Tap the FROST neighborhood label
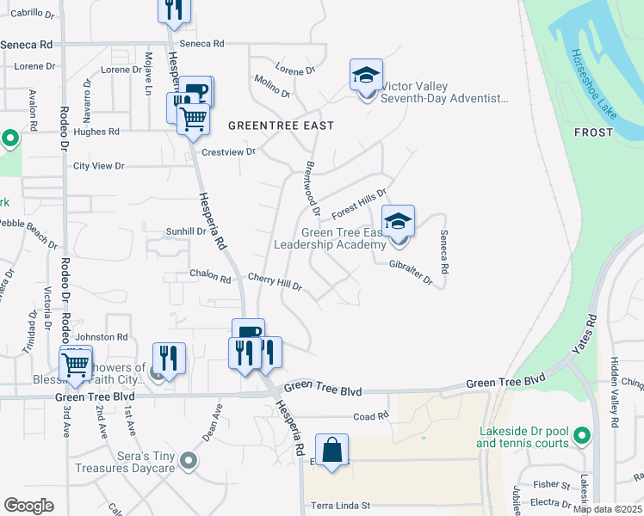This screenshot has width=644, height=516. click(594, 132)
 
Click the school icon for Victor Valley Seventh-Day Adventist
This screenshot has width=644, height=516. click(366, 75)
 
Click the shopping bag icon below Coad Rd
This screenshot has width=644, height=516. click(331, 450)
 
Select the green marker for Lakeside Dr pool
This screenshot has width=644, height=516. click(582, 436)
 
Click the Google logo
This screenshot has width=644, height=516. click(29, 506)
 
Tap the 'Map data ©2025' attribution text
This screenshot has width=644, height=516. click(606, 509)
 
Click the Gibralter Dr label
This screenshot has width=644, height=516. click(410, 272)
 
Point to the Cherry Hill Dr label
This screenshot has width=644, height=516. click(275, 281)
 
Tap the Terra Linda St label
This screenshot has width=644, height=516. click(341, 505)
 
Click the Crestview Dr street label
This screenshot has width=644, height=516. click(228, 151)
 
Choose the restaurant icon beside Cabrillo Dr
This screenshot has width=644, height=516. click(173, 9)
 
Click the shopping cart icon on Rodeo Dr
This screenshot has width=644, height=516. click(76, 364)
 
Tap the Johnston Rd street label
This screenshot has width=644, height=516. click(102, 337)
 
